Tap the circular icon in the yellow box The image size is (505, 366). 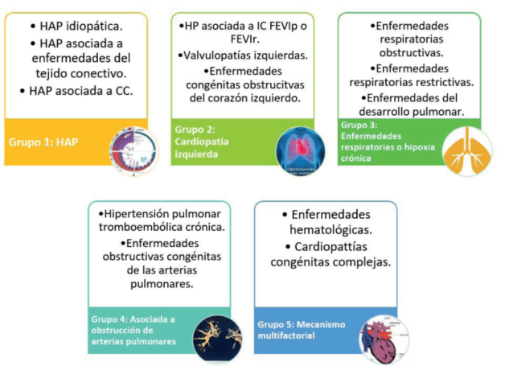(x=133, y=146)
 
